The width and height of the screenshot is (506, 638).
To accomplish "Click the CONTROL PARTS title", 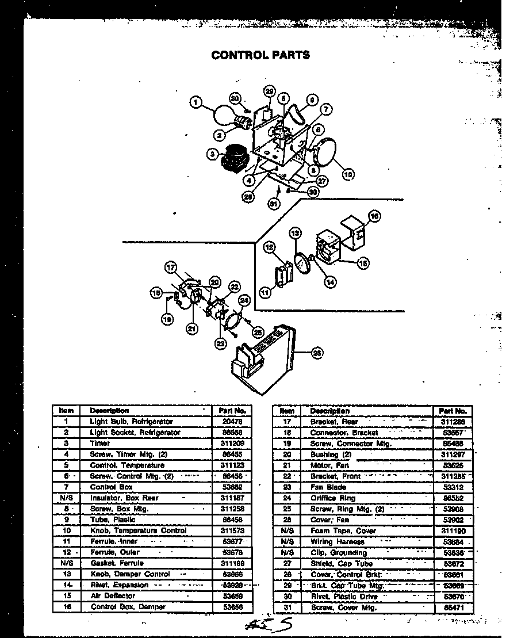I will pos(260,55).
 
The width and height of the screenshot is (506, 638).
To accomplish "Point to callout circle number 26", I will pos(316,354).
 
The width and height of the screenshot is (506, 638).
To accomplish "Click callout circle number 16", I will pos(374,216).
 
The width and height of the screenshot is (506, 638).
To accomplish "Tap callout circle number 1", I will pos(196,103).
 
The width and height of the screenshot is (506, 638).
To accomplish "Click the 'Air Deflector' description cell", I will pos(113,596).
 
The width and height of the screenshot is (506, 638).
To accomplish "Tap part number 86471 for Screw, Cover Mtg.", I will pos(452,608).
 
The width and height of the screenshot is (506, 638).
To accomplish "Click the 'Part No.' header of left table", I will pos(232,411).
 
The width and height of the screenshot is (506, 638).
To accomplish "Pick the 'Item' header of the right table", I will pos(287,411).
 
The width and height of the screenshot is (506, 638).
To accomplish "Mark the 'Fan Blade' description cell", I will pos(328,487).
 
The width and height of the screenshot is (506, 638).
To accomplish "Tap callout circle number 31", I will pos(274,203).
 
